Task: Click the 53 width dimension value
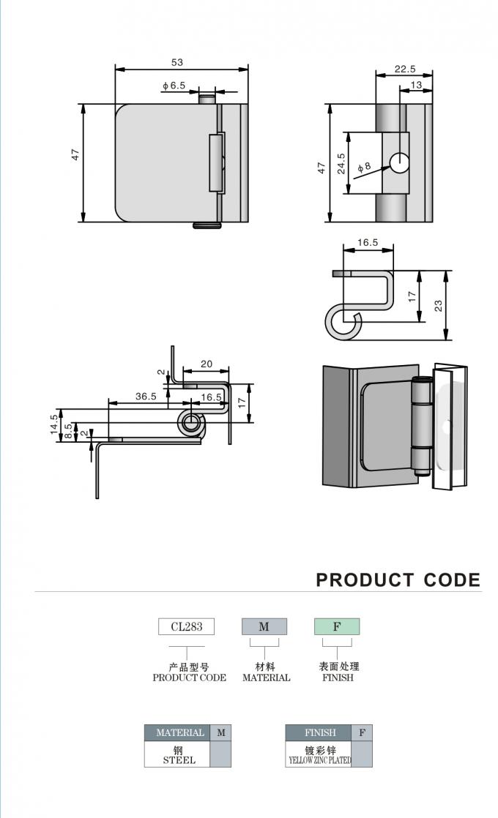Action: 177,62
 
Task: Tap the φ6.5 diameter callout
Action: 174,86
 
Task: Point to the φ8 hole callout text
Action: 365,167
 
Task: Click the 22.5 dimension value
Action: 404,69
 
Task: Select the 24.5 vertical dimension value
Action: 341,163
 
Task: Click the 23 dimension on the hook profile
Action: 438,305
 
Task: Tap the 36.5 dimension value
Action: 146,397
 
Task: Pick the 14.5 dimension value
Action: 54,424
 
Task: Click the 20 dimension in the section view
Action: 207,364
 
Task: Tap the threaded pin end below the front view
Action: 207,225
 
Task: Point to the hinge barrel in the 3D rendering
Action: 422,425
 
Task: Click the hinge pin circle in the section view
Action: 192,423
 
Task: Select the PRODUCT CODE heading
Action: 398,580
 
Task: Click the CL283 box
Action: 186,626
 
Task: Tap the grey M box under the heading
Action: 264,626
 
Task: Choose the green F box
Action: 337,626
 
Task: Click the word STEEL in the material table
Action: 179,760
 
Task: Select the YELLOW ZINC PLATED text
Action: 320,760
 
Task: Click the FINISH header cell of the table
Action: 320,732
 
